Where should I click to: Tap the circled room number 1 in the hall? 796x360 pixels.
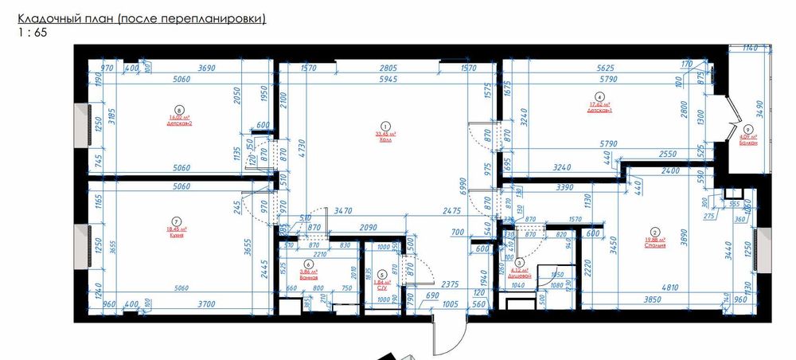(385, 125)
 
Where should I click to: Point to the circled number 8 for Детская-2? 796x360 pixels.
(179, 111)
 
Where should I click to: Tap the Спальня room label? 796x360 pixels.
(656, 245)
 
